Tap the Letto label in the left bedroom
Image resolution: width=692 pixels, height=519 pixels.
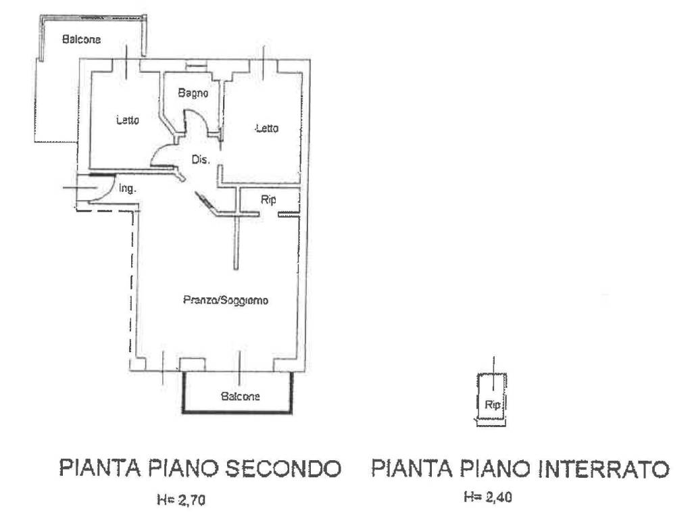point(128,121)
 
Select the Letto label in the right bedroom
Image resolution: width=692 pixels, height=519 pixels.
point(266,128)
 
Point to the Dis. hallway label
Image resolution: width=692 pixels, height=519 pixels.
point(201,160)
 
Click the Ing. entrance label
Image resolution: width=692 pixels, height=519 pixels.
point(128,190)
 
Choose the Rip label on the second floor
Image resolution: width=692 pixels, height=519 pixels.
point(268,200)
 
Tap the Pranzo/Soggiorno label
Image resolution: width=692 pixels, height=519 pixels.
point(226,300)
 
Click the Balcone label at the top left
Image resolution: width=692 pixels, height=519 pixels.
point(82,40)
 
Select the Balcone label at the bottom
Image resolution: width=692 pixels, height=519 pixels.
point(241,397)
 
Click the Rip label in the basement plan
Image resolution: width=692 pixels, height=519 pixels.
point(492,405)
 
